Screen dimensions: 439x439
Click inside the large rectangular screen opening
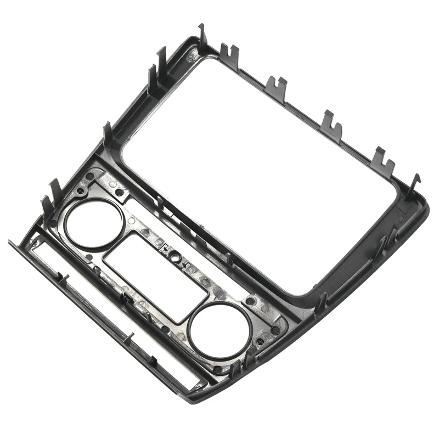(x=258, y=165)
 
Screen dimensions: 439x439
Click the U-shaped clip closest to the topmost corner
(x=229, y=55)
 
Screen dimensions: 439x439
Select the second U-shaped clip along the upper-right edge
(x=276, y=86)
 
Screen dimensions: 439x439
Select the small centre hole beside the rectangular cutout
(x=172, y=257)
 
